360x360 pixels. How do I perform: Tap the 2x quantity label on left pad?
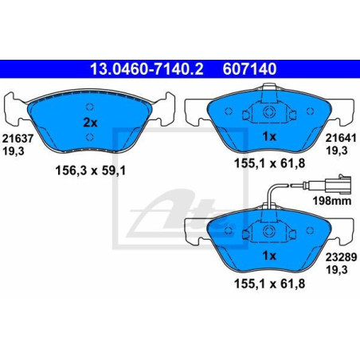[90, 123]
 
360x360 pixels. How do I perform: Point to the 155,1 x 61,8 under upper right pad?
[268, 170]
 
